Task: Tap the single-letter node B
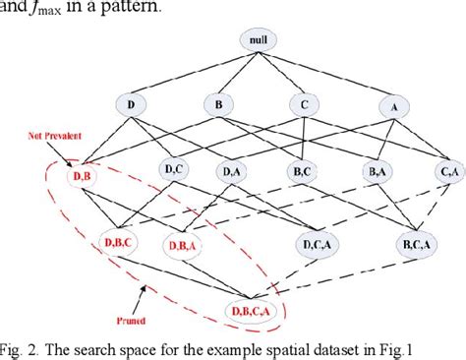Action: (217, 104)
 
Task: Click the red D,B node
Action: (82, 176)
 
